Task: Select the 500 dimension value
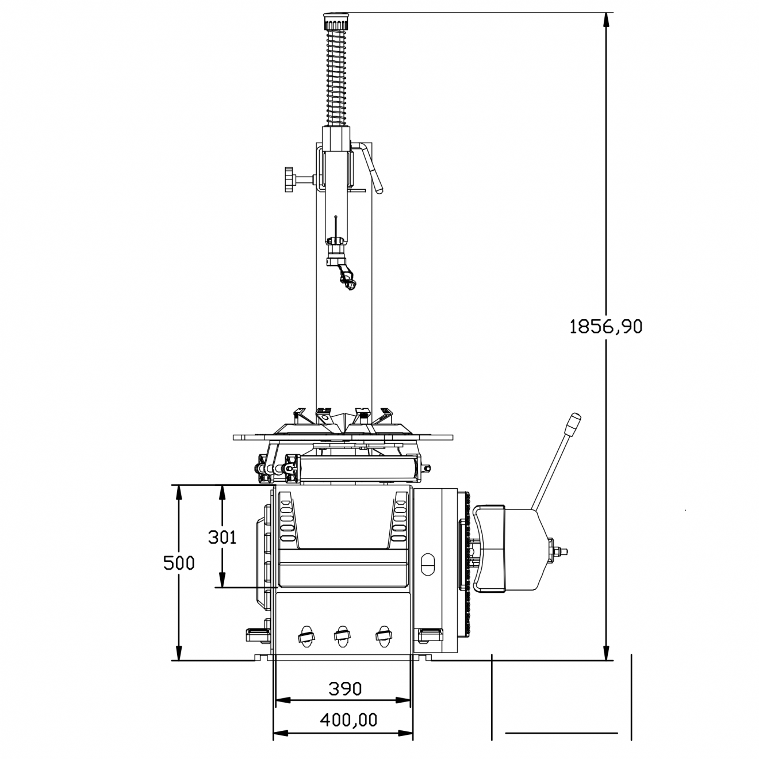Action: tap(179, 563)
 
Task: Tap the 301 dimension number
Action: tap(222, 537)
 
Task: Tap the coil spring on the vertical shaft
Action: tap(336, 78)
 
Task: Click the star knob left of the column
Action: tap(290, 179)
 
